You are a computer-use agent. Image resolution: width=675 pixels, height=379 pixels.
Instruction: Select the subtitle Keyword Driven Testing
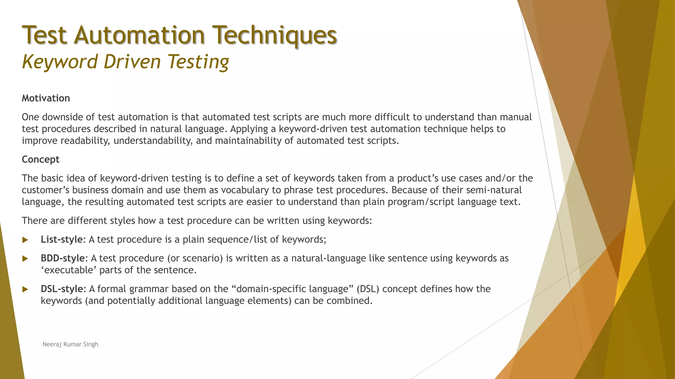(x=125, y=62)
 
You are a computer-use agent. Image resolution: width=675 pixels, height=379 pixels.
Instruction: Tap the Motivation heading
(x=46, y=98)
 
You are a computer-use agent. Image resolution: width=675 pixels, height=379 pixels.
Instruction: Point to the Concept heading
(x=41, y=159)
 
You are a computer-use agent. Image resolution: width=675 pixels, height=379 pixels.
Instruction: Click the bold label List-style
(x=61, y=239)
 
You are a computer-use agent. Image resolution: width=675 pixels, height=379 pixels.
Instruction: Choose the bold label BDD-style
(x=63, y=258)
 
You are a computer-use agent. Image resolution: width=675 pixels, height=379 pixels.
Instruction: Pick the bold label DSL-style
(x=62, y=289)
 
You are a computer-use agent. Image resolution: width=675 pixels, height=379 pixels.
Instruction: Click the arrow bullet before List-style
(x=25, y=240)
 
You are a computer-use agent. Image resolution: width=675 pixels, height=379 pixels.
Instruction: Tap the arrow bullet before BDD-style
(x=25, y=259)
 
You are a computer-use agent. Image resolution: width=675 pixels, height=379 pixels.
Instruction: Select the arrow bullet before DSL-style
(x=25, y=289)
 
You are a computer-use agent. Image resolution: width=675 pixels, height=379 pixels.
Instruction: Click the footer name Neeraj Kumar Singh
(x=70, y=344)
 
